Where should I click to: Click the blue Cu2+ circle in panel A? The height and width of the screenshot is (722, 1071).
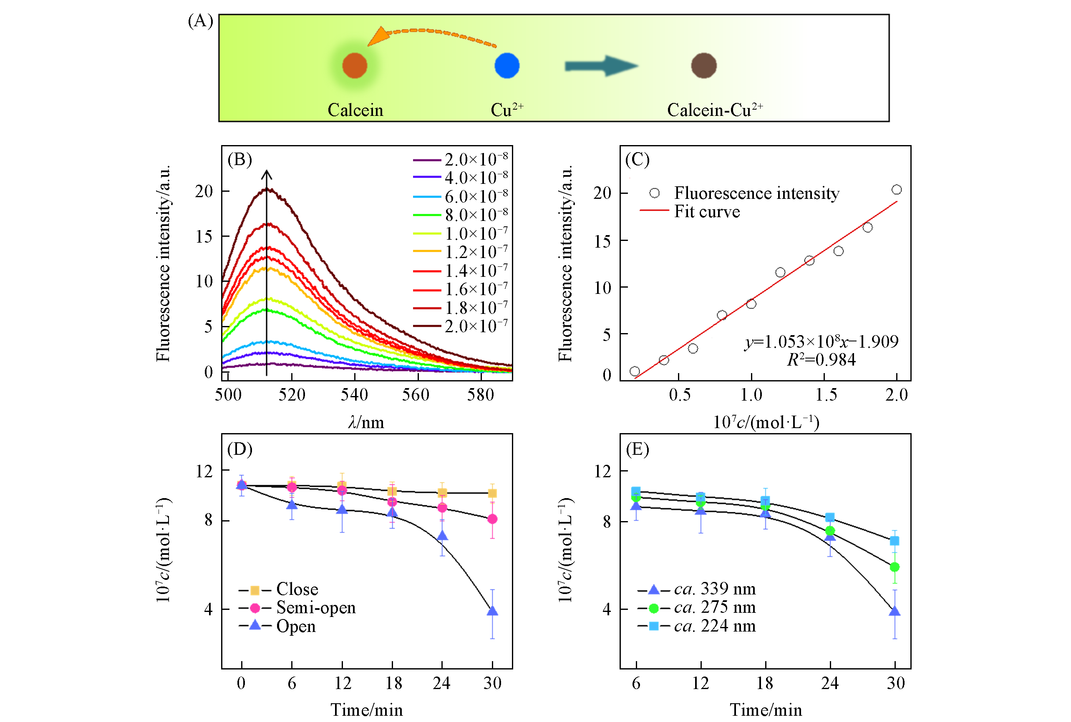point(507,66)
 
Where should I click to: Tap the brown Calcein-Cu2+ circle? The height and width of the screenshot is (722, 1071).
point(703,66)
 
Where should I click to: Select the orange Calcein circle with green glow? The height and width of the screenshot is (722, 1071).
point(354,66)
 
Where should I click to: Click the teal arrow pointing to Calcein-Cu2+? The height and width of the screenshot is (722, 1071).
point(601,66)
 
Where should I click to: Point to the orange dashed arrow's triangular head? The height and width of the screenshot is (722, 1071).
point(379,37)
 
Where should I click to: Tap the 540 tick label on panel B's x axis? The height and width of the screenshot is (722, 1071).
point(354,395)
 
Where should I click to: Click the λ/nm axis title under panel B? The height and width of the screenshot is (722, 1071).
point(366,422)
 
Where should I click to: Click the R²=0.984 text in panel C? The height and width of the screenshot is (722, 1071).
point(821,360)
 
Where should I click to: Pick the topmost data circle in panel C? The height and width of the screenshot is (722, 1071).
point(896,190)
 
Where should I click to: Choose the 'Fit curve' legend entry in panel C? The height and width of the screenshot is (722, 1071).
point(706,211)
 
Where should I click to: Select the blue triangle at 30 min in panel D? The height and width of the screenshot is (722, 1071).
point(492,611)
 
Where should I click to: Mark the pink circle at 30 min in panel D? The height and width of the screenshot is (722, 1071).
point(492,519)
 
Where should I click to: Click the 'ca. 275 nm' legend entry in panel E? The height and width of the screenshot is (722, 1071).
point(714,608)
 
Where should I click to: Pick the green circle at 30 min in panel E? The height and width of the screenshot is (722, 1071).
point(894,567)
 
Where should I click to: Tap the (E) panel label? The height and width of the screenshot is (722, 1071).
point(637,449)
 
